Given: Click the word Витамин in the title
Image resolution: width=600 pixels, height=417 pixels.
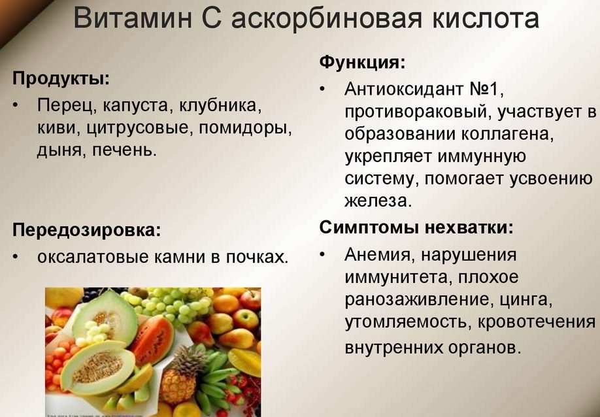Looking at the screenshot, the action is tap(133, 18).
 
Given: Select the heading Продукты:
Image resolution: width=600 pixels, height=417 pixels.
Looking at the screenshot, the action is tap(61, 80).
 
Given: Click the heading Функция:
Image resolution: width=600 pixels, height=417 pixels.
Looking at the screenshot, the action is tap(362, 62).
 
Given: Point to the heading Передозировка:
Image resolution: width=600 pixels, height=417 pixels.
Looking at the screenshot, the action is tap(87, 230).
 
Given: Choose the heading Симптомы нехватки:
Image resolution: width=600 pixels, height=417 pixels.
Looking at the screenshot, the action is tap(416, 227).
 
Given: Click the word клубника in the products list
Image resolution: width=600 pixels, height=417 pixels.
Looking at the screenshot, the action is tap(220, 106).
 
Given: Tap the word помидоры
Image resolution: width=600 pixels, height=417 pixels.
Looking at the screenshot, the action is tap(245, 127).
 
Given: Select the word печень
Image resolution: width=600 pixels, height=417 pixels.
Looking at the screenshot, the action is tap(125, 150).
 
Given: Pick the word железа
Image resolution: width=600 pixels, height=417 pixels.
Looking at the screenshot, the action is tap(378, 201).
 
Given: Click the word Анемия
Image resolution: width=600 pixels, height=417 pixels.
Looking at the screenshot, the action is tap(378, 255).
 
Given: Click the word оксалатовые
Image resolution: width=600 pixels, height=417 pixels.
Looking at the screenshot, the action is tap(93, 257).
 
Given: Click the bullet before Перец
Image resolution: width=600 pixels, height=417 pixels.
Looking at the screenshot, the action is tap(15, 106).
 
